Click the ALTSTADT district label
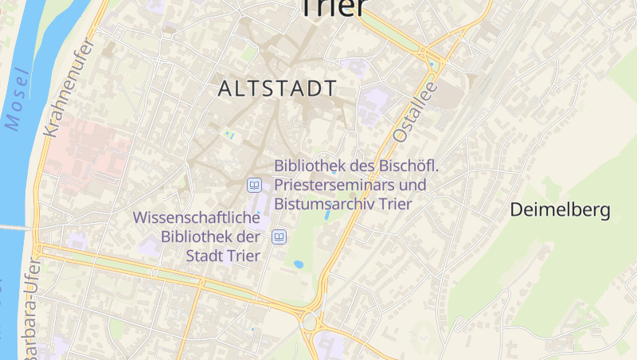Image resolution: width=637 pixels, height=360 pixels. point(278,88)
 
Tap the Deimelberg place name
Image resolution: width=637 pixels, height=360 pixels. point(560,210)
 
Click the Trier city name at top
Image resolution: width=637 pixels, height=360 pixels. point(332,8)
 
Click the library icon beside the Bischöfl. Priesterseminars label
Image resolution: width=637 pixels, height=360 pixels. point(254,185)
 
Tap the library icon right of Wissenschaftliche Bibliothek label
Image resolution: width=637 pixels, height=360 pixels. point(279,237)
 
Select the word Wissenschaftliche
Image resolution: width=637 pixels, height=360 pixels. point(196,217)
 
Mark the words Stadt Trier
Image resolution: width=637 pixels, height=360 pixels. point(223,256)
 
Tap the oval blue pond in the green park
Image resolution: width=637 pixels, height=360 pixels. point(299,264)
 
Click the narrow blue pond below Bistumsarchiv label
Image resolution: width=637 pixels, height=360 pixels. point(327,214)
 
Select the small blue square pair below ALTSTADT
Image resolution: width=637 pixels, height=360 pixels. point(229,134)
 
